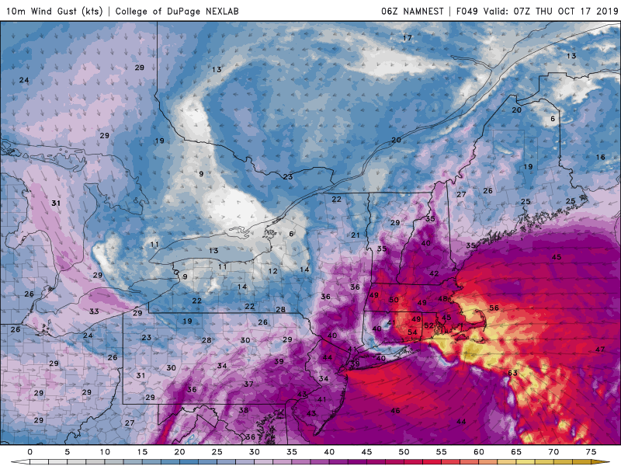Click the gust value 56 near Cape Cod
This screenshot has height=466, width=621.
pos(494,308)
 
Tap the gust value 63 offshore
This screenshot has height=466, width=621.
pos(512,374)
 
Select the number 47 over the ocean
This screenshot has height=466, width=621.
pos(600,349)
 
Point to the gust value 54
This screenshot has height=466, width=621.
pos(412,332)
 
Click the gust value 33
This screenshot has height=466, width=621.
pos(94,311)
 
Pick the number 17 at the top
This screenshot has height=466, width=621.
pos(407,38)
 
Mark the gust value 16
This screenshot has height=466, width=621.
pos(600,158)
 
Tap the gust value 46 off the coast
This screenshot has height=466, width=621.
pos(395,410)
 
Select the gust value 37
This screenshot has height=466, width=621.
pos(249,384)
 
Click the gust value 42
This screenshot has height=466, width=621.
pos(434,273)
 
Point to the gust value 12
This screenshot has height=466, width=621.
pos(273,271)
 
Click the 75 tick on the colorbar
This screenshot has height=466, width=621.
pos(592,451)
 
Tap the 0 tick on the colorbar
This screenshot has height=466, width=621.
pos(29,451)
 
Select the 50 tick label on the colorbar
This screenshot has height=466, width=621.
pos(404,451)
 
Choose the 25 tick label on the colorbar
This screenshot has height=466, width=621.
pos(217,451)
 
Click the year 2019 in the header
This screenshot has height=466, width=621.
pos(602,11)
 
